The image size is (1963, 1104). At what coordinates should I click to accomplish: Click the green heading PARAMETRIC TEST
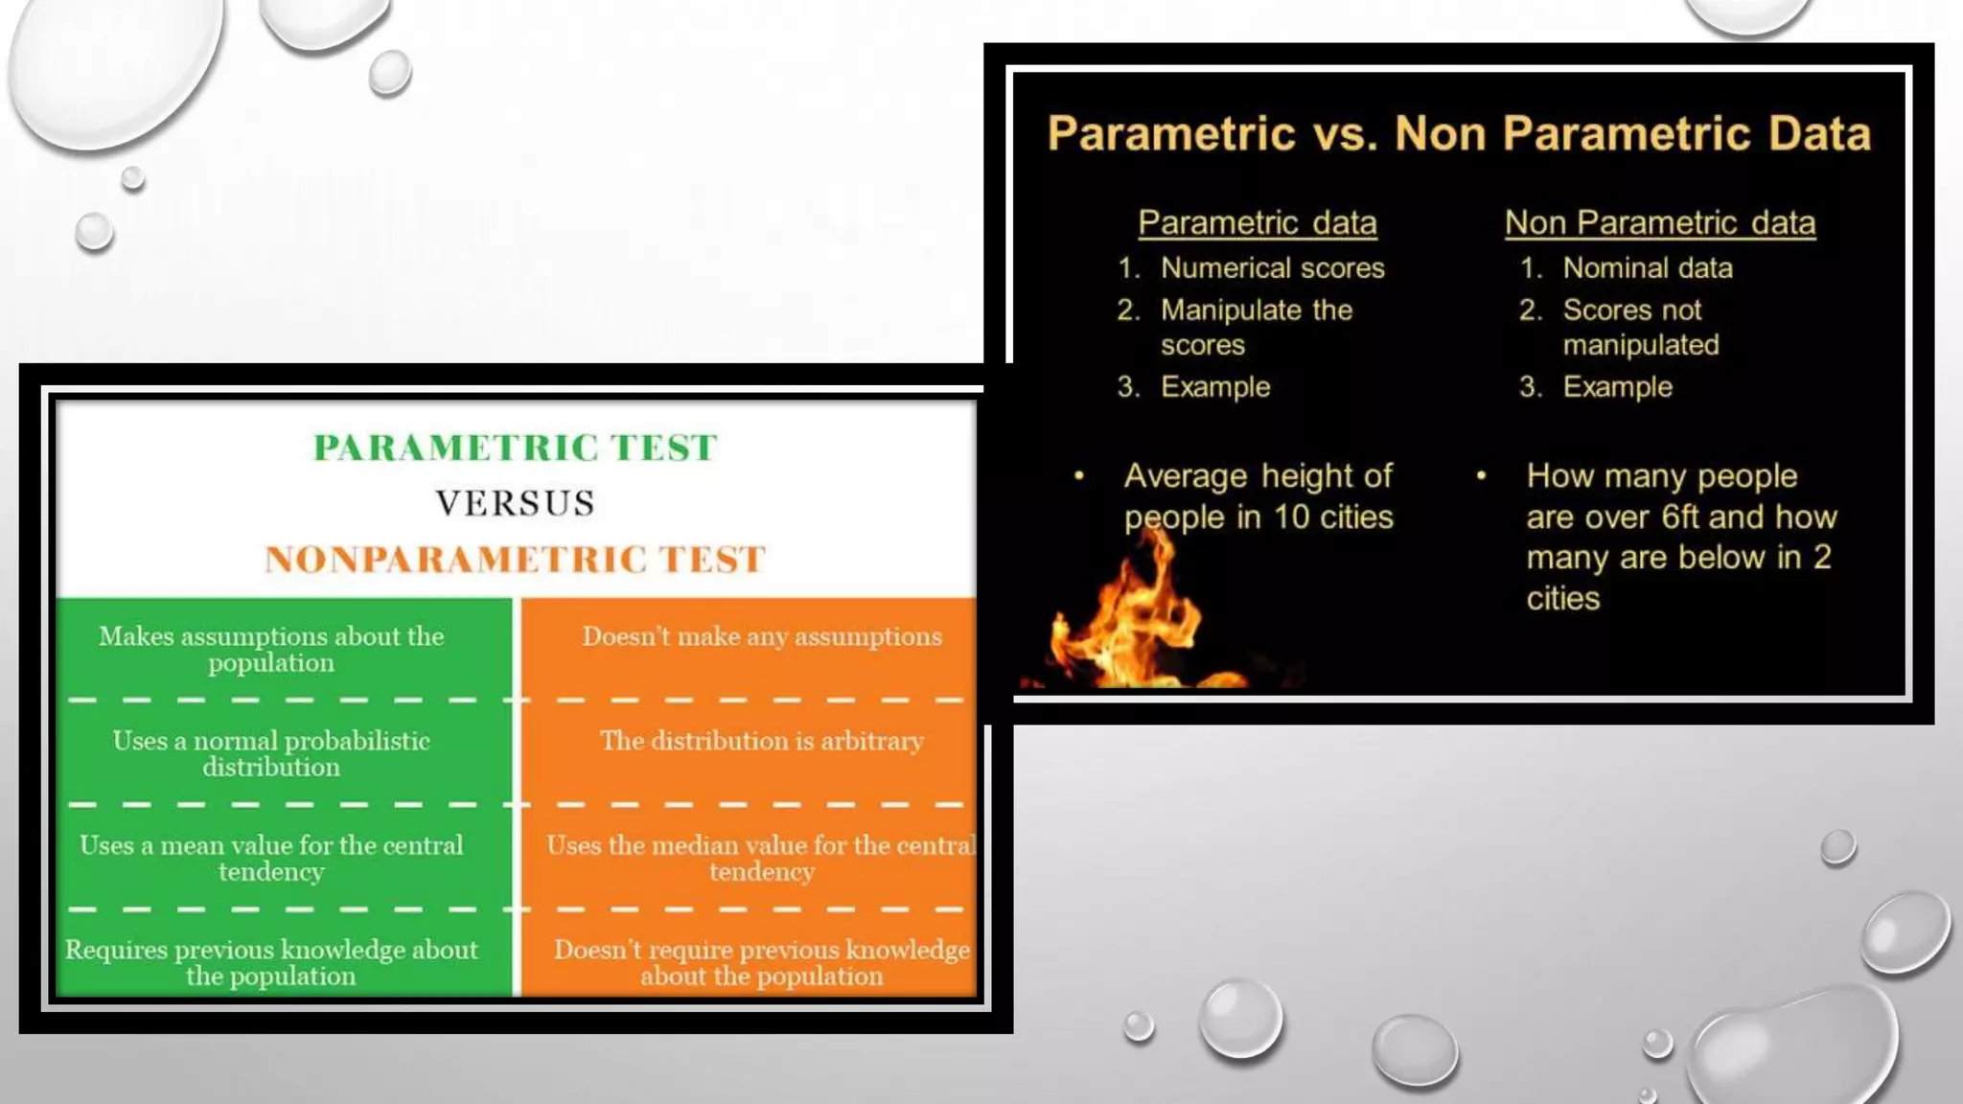[516, 448]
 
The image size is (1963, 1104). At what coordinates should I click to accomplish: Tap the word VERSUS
[516, 503]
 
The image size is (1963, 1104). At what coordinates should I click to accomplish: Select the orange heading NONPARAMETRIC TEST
[516, 560]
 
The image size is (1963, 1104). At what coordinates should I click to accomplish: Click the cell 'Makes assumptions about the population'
[271, 650]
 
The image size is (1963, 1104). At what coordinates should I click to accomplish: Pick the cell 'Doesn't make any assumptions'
[762, 636]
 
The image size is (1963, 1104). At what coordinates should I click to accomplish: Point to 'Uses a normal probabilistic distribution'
[271, 753]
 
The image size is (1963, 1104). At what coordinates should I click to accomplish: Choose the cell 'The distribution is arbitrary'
[762, 741]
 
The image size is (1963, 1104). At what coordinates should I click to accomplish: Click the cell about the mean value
[271, 858]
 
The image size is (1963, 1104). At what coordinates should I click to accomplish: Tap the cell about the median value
[762, 858]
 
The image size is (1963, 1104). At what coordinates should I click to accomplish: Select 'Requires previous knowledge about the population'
[271, 962]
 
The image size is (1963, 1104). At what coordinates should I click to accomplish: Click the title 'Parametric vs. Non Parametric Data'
[1459, 133]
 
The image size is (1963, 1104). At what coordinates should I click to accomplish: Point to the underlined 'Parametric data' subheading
[1257, 223]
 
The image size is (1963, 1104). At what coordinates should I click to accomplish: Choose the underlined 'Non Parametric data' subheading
[1659, 223]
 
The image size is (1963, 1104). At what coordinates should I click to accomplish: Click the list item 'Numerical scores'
[1272, 268]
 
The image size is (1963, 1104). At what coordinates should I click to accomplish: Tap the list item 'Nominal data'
[1647, 268]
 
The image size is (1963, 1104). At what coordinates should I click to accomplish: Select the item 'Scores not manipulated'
[1640, 327]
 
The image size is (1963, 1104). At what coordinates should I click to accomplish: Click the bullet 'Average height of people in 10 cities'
[1258, 496]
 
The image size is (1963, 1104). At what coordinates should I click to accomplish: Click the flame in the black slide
[1131, 618]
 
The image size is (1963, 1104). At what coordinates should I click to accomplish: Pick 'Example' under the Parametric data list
[1214, 387]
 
